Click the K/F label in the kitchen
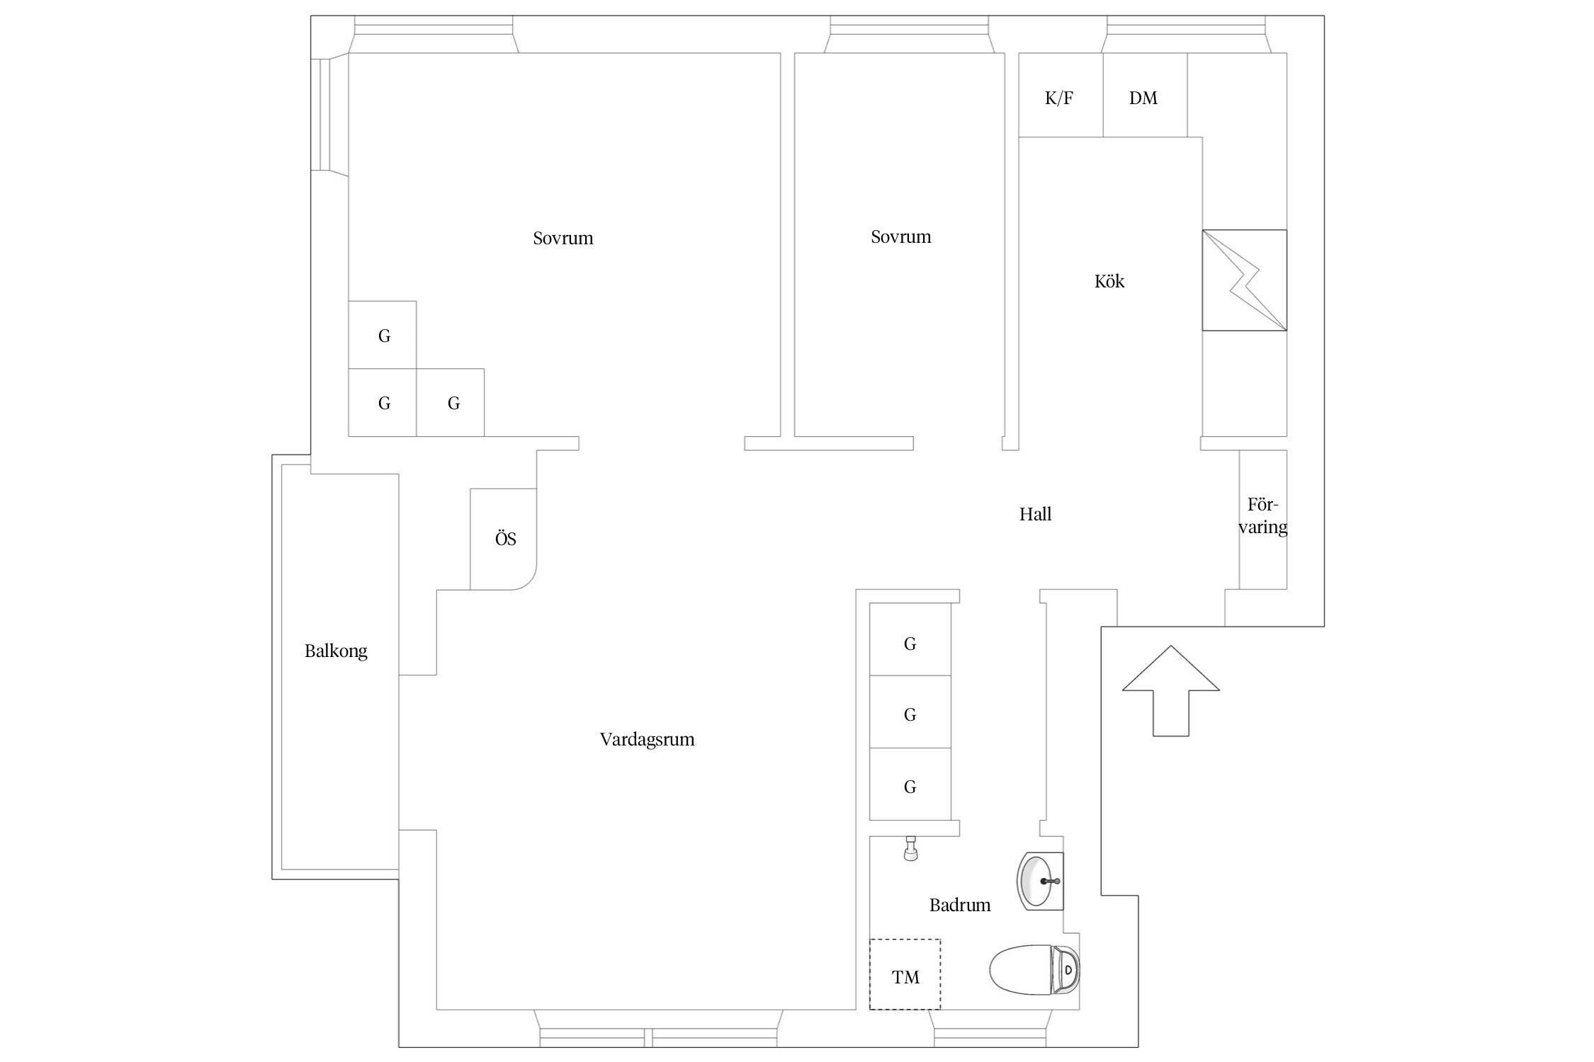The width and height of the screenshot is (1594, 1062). pos(1058,98)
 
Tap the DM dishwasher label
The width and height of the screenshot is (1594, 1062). pos(1143,98)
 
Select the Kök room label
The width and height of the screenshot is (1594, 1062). pos(1109,281)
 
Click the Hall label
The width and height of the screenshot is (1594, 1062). pos(1035,514)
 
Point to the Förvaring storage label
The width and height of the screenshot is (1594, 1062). pos(1262,516)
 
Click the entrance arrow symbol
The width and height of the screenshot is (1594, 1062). pos(1170,690)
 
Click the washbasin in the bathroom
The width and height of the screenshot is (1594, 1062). pos(1040,881)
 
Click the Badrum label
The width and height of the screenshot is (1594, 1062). pos(959,905)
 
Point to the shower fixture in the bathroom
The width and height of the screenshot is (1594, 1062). pos(911,848)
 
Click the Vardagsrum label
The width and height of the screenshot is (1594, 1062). pos(647,740)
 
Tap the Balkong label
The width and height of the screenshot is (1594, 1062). pos(336,651)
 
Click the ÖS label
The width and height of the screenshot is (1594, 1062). pos(505,538)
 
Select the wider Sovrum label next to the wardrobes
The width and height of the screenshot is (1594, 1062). pos(563,238)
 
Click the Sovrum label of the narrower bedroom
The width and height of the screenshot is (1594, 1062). pos(900,236)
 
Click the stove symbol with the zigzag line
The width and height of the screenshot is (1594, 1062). pos(1244,280)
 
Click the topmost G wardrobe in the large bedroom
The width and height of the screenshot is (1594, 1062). pos(383,335)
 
